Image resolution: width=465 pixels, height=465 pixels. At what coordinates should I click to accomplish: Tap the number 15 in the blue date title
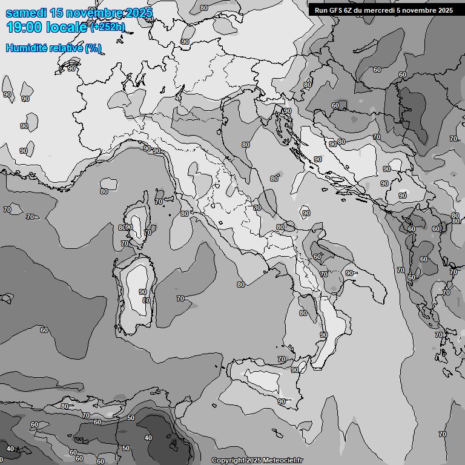57,13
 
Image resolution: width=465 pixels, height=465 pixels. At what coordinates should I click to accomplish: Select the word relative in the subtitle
65,48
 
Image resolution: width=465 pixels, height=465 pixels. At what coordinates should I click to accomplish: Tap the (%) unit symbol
93,48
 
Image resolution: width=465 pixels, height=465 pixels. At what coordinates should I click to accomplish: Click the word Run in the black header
321,10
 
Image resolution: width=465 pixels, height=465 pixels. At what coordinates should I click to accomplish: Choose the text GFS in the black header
336,10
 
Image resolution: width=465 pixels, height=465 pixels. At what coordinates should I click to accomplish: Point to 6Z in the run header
350,10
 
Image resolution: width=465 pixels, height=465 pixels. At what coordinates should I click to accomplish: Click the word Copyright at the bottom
227,460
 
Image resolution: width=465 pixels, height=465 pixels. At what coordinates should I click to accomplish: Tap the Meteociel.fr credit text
283,460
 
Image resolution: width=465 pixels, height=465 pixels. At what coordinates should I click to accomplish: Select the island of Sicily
266,381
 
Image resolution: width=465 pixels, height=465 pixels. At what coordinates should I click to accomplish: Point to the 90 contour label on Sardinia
143,291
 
